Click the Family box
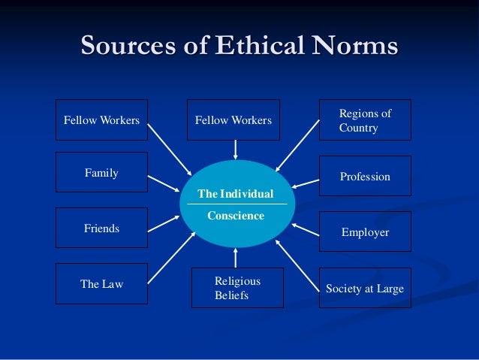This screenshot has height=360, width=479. [x=101, y=173]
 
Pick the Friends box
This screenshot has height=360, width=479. [x=101, y=228]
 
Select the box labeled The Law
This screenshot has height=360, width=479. [x=101, y=284]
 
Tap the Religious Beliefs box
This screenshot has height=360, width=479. [x=237, y=288]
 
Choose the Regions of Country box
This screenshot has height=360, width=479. [x=365, y=120]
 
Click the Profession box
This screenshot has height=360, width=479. [x=365, y=177]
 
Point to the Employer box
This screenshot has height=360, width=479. [x=365, y=232]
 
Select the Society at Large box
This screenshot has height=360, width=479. [x=365, y=288]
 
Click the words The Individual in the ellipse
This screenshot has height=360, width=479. [x=235, y=194]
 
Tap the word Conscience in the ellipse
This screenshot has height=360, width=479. [x=236, y=216]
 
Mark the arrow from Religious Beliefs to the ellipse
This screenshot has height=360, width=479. [x=236, y=256]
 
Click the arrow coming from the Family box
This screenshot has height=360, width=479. [x=163, y=183]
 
